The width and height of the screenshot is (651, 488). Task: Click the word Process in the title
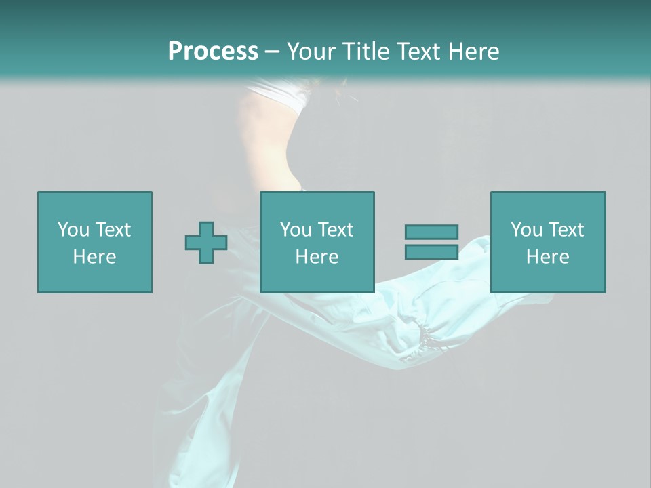click(213, 51)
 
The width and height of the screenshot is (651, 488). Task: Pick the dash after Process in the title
click(273, 52)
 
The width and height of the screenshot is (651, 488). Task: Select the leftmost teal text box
click(95, 242)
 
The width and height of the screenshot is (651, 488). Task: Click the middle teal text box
click(317, 242)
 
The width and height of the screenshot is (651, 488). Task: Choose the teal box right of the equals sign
click(548, 242)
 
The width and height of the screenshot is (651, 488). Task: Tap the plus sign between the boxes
click(206, 242)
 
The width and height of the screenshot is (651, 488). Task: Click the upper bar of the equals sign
click(431, 232)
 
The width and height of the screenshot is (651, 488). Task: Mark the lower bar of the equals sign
click(431, 251)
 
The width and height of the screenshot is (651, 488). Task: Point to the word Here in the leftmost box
click(95, 256)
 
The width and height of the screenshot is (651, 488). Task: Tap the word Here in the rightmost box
click(548, 256)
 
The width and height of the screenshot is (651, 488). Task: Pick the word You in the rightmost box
click(526, 229)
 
